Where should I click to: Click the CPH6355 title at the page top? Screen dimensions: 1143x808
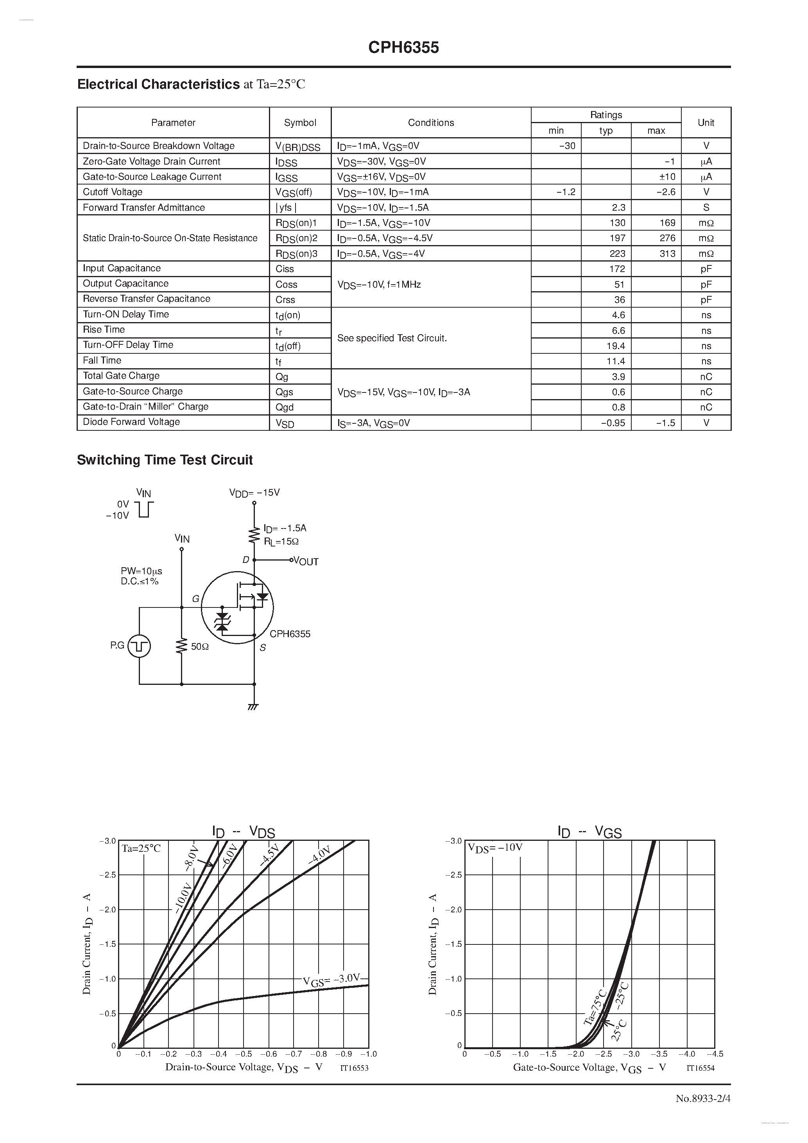point(403,47)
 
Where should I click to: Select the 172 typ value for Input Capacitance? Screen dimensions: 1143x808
point(617,269)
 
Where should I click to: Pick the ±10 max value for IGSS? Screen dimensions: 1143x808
point(667,177)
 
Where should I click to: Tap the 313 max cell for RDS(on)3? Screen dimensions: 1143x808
point(667,253)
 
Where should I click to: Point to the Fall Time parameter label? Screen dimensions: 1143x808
point(102,360)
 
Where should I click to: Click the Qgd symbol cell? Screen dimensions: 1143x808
point(285,407)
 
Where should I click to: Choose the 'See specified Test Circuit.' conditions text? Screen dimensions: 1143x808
point(392,338)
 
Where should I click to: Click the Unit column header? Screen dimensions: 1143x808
point(706,122)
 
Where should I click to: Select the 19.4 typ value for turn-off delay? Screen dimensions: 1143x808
point(616,346)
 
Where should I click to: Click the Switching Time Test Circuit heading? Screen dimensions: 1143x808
point(165,460)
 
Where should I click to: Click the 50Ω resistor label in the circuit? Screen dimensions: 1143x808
point(200,647)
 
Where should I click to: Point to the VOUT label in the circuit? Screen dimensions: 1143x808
point(306,562)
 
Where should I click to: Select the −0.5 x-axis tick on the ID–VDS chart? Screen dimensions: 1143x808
point(244,1054)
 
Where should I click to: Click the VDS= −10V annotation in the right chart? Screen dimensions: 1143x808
point(495,848)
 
